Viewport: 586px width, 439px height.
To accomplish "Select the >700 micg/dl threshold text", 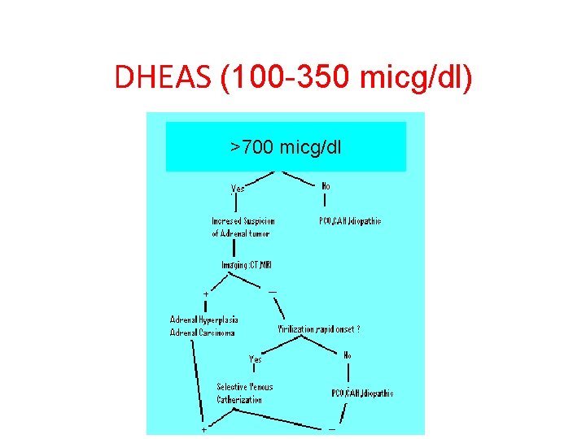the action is pyautogui.click(x=286, y=147).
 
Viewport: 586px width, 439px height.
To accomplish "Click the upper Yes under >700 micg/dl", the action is pyautogui.click(x=238, y=189).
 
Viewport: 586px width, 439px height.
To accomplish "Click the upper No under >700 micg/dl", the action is pyautogui.click(x=326, y=186).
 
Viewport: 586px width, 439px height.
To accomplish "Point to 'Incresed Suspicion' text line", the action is pyautogui.click(x=243, y=221).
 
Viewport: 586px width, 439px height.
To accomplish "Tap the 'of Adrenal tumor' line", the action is pyautogui.click(x=240, y=233).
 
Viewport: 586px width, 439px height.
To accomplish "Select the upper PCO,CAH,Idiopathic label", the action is pyautogui.click(x=350, y=221).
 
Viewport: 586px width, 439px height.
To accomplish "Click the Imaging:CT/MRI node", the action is pyautogui.click(x=247, y=265).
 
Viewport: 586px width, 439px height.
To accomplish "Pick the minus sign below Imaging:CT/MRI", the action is pyautogui.click(x=272, y=291).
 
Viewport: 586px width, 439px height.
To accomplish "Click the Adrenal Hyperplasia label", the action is pyautogui.click(x=203, y=319).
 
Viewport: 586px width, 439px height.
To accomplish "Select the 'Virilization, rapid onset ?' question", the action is pyautogui.click(x=319, y=329).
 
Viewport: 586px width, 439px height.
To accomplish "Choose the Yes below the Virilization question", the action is pyautogui.click(x=256, y=359).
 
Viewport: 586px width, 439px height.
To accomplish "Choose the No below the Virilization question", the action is pyautogui.click(x=347, y=355).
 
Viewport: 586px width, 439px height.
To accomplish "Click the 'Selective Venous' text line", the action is pyautogui.click(x=245, y=387).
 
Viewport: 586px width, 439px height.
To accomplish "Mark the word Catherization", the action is pyautogui.click(x=239, y=399).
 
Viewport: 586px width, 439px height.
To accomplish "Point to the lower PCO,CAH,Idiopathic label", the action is pyautogui.click(x=362, y=393).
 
